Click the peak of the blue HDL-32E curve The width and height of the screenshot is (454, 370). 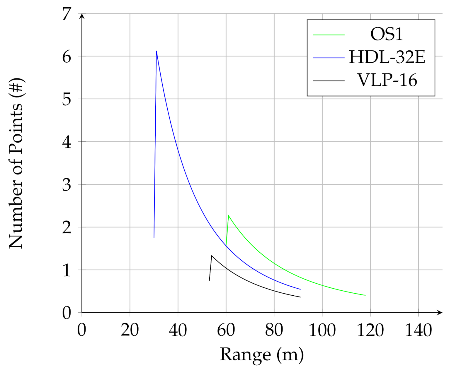coord(156,51)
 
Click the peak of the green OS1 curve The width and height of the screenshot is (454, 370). coord(228,215)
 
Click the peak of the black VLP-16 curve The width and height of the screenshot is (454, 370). coord(212,256)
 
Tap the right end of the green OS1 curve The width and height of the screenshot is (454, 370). coord(365,295)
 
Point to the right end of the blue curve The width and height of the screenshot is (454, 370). coord(300,289)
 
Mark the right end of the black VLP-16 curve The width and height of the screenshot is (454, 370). coord(300,297)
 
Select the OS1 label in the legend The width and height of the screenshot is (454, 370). coord(387,35)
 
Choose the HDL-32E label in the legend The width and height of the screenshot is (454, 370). coord(387,57)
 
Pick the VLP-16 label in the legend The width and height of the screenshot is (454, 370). coord(387,80)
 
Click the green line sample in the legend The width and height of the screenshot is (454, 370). coord(329,35)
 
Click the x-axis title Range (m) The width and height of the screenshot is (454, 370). coord(261,354)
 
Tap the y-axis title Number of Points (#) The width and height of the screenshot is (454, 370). coord(16,163)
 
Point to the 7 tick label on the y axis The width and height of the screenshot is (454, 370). coord(67,14)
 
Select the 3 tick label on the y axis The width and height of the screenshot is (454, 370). coord(67,185)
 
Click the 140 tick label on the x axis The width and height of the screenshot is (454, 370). coord(418,330)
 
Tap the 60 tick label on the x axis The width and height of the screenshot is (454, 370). coord(226,330)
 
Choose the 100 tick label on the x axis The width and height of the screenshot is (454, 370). coord(322,330)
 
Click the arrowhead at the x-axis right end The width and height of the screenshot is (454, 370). coord(440,312)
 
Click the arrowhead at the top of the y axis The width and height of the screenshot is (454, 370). coord(82,16)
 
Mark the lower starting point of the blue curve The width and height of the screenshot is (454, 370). coord(154,237)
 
